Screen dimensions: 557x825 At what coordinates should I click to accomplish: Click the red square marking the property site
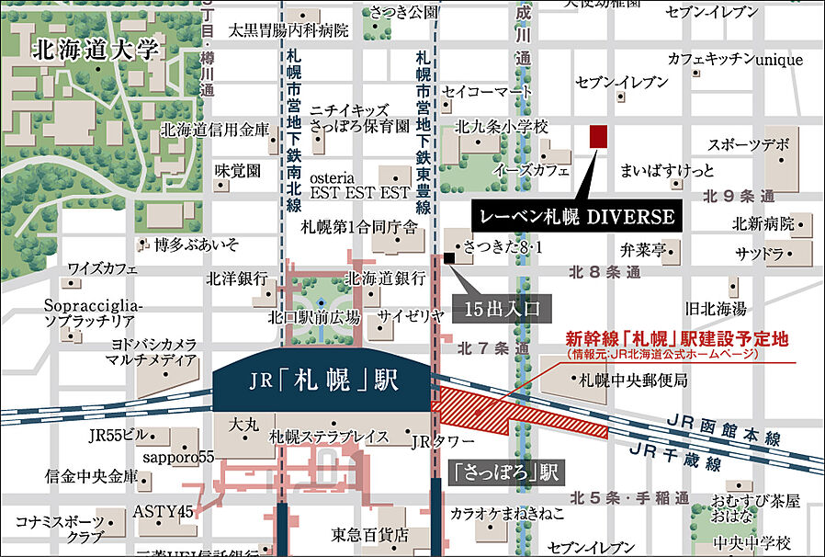pyautogui.click(x=598, y=136)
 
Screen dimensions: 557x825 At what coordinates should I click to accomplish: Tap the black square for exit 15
pyautogui.click(x=448, y=258)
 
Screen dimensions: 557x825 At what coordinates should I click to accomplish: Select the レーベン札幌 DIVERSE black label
pyautogui.click(x=578, y=217)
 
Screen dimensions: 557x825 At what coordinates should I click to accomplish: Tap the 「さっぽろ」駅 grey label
pyautogui.click(x=506, y=473)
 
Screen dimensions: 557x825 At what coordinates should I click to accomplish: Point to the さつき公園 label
pyautogui.click(x=404, y=12)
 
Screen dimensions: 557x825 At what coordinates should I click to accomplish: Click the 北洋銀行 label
pyautogui.click(x=237, y=278)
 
